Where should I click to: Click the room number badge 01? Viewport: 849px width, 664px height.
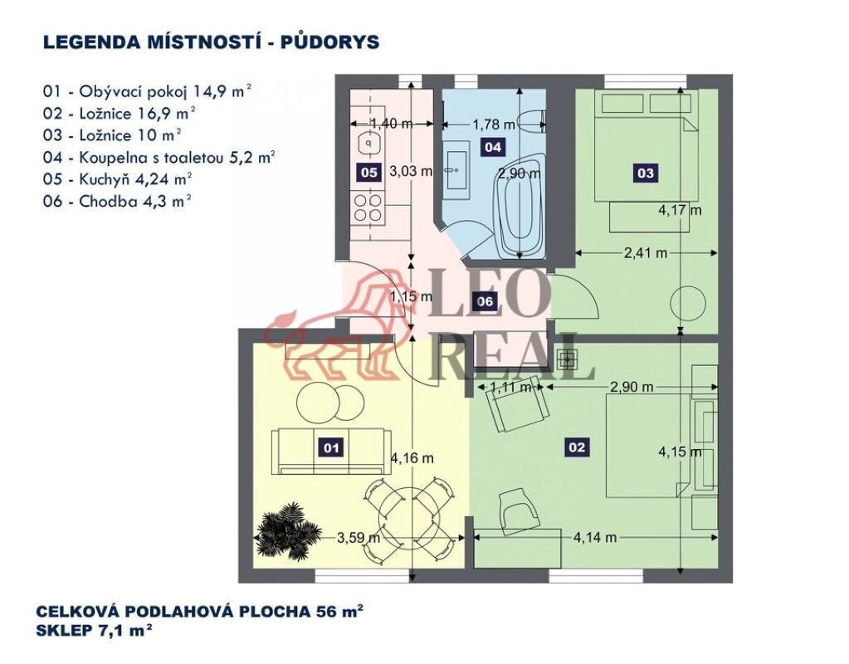click(x=331, y=447)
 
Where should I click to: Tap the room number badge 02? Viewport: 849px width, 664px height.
click(x=577, y=447)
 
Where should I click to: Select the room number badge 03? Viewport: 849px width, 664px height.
click(x=646, y=173)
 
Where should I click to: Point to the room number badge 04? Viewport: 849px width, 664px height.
click(x=493, y=147)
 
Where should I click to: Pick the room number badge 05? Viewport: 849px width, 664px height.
click(x=368, y=173)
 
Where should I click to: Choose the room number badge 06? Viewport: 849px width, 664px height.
click(x=485, y=300)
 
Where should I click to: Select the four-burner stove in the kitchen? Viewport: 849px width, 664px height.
click(x=368, y=208)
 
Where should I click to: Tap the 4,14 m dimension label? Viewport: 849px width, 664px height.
click(x=595, y=537)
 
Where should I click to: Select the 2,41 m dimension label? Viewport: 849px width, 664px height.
click(x=646, y=252)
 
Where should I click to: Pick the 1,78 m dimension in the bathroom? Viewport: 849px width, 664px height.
click(x=494, y=124)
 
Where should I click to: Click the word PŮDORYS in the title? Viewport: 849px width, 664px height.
click(x=329, y=42)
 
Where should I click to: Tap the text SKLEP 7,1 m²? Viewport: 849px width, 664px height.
click(x=94, y=631)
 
